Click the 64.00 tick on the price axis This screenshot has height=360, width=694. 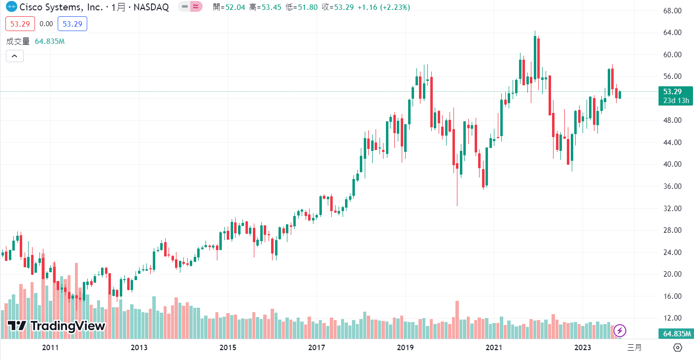pyautogui.click(x=672, y=33)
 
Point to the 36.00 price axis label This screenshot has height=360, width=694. pyautogui.click(x=672, y=186)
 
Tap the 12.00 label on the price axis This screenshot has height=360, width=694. pyautogui.click(x=672, y=318)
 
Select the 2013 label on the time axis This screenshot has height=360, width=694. pyautogui.click(x=139, y=348)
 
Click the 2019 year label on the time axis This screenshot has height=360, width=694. pyautogui.click(x=405, y=348)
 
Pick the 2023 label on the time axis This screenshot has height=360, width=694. pyautogui.click(x=583, y=348)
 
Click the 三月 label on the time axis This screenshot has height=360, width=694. pyautogui.click(x=634, y=348)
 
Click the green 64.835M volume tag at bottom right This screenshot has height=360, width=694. pyautogui.click(x=675, y=334)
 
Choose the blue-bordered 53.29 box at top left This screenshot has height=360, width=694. pyautogui.click(x=72, y=24)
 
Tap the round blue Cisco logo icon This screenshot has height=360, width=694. pyautogui.click(x=11, y=7)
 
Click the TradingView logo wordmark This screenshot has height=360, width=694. pyautogui.click(x=57, y=326)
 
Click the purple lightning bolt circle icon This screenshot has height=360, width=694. pyautogui.click(x=620, y=330)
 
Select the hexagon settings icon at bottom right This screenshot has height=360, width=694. pyautogui.click(x=677, y=348)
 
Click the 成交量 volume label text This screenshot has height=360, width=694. pyautogui.click(x=18, y=41)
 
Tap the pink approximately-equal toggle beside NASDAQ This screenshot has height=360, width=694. pyautogui.click(x=196, y=7)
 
